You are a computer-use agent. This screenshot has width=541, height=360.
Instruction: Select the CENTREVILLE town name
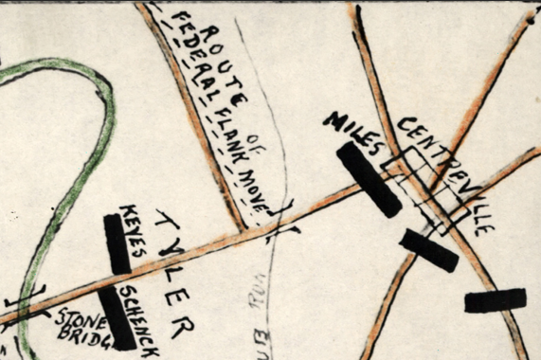443,174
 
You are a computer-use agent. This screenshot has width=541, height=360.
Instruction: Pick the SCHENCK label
138,318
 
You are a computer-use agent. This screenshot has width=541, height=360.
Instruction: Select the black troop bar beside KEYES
117,244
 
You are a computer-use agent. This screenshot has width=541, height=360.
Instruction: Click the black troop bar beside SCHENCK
118,317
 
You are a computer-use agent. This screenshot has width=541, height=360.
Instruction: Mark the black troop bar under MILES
369,179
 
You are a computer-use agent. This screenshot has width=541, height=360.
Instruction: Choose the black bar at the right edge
495,300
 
